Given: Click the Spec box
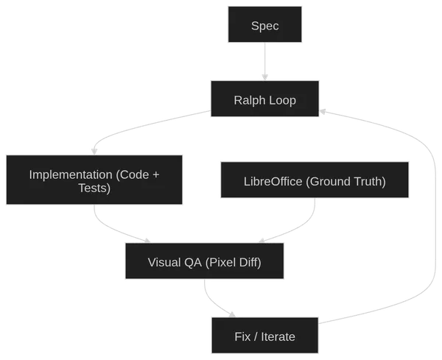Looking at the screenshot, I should point(264,27).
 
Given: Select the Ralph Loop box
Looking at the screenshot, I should point(264,100).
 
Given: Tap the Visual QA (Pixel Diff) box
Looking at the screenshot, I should point(204,262).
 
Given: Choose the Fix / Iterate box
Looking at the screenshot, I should point(264,336).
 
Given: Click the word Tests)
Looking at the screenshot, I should point(94,188).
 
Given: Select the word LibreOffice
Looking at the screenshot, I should point(273,181).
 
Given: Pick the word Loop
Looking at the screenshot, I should point(282,100).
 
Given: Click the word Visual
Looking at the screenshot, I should point(164,262).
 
